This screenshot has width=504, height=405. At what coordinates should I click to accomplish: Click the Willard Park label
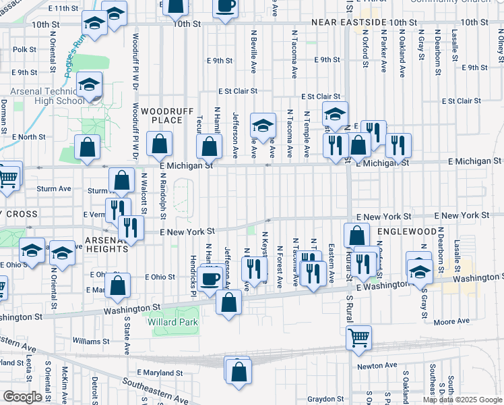pyautogui.click(x=173, y=322)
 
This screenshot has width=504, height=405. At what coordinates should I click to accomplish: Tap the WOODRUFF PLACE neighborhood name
pyautogui.click(x=162, y=115)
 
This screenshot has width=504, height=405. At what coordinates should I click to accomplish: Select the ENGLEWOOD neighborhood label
pyautogui.click(x=407, y=231)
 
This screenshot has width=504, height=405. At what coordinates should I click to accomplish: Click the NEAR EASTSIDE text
pyautogui.click(x=349, y=22)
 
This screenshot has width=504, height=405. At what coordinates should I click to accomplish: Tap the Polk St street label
pyautogui.click(x=24, y=49)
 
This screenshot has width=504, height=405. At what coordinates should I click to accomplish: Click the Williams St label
pyautogui.click(x=91, y=341)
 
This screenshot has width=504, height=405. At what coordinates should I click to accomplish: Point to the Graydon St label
pyautogui.click(x=325, y=398)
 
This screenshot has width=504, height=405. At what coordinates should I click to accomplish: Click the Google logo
pyautogui.click(x=22, y=396)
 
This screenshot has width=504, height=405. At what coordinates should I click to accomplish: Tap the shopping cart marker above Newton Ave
pyautogui.click(x=359, y=337)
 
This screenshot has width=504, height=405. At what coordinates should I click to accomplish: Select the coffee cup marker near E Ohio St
pyautogui.click(x=210, y=278)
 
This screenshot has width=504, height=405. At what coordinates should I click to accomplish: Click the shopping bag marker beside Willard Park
pyautogui.click(x=228, y=302)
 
